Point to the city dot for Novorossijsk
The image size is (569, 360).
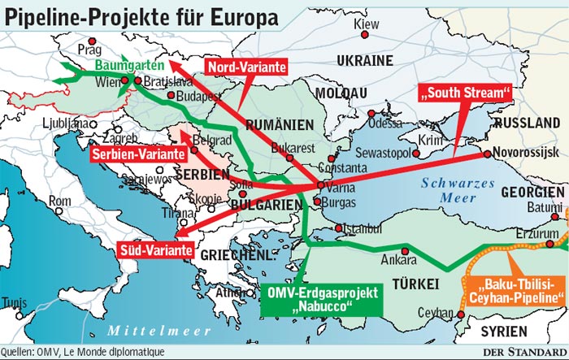485,154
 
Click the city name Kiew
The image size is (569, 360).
367,25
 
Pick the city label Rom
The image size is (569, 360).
60,200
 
